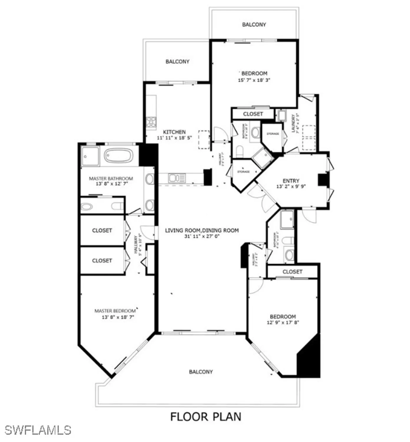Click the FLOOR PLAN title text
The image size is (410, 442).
pos(206,417)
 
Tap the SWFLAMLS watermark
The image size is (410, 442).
pos(38,430)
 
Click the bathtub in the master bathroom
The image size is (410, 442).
pos(119,155)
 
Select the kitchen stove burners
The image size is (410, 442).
pos(151,122)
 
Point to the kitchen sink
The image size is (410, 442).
pos(177,178)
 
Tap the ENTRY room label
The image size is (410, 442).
pos(291,181)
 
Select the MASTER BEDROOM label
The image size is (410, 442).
pos(115,311)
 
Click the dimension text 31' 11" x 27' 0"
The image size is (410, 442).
pos(202,236)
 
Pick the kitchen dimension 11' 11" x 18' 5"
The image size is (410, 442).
pos(175,138)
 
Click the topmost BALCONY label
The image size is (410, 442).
pos(254,24)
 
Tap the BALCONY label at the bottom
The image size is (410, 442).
pos(201,372)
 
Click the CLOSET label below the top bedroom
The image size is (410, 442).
pos(253,114)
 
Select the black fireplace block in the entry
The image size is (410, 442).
pos(323,180)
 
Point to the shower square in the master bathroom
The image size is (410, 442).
pos(90,156)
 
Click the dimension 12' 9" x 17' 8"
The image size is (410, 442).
pos(283,322)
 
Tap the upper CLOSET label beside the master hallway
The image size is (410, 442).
pos(102,230)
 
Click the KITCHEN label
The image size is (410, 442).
pos(174,132)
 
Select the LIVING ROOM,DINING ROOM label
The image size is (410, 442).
pos(202,230)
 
